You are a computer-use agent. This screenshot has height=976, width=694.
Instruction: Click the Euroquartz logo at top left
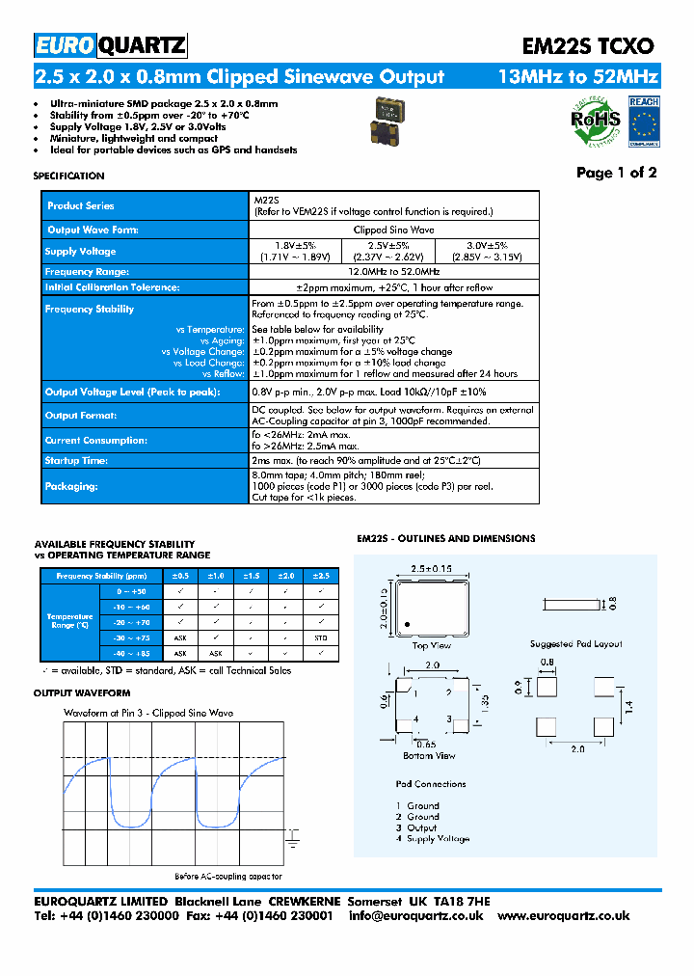coord(110,45)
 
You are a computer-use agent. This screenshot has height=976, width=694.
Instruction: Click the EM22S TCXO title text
coord(589,46)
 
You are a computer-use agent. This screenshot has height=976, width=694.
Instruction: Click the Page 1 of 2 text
coord(616,173)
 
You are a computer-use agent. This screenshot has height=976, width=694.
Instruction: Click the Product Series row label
coord(81,206)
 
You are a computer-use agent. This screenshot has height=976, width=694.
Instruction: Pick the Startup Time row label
coord(76,461)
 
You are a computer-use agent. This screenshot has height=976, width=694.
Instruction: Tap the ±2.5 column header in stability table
coord(320,576)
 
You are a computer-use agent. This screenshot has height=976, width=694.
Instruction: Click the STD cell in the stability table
coord(320,637)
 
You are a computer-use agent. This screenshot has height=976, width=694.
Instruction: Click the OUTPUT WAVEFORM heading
coord(82,693)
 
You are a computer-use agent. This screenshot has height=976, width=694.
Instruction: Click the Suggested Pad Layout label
coord(575,643)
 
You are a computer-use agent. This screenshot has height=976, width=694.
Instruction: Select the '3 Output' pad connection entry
coord(416,827)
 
